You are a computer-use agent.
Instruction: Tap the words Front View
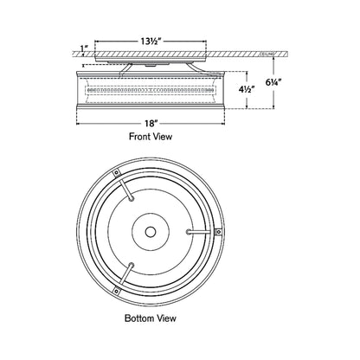click(154, 138)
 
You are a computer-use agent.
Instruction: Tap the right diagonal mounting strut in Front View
click(200, 66)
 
